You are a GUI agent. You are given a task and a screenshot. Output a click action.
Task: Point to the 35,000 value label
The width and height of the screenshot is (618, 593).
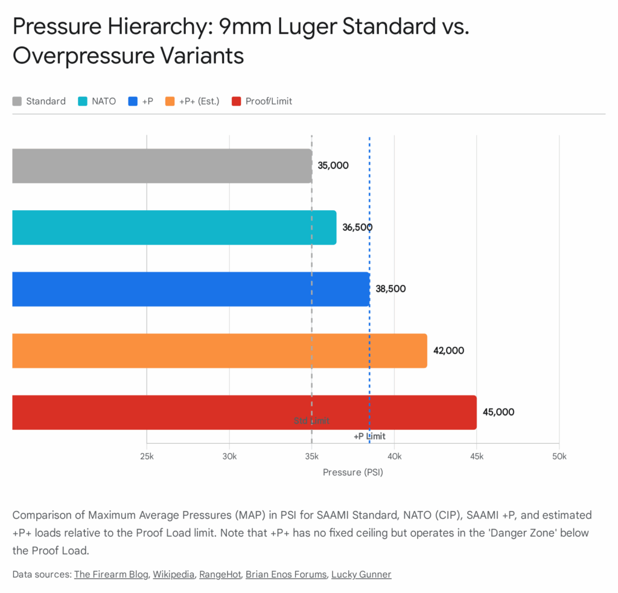coord(333,165)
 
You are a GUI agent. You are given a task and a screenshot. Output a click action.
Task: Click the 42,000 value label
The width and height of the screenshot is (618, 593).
coord(448,350)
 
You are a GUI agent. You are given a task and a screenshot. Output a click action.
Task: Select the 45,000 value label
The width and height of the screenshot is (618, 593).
coord(499,412)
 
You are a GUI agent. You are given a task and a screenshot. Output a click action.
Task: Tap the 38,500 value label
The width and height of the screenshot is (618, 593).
coord(390,289)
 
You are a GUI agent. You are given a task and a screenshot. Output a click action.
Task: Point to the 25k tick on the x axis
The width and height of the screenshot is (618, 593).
coord(147,456)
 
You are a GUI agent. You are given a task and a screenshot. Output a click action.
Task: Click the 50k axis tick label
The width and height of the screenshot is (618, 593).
coord(559,456)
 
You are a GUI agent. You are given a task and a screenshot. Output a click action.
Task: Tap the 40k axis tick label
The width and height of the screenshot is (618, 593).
coord(394,456)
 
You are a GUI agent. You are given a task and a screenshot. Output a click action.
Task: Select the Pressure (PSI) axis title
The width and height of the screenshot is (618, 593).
coord(353,472)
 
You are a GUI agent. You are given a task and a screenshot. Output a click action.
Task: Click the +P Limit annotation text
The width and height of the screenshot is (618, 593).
coord(369,437)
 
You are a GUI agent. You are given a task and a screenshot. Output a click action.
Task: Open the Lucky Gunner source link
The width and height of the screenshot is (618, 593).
coord(361,574)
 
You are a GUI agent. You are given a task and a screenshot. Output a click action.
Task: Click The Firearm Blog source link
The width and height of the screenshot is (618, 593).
coord(111,574)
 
